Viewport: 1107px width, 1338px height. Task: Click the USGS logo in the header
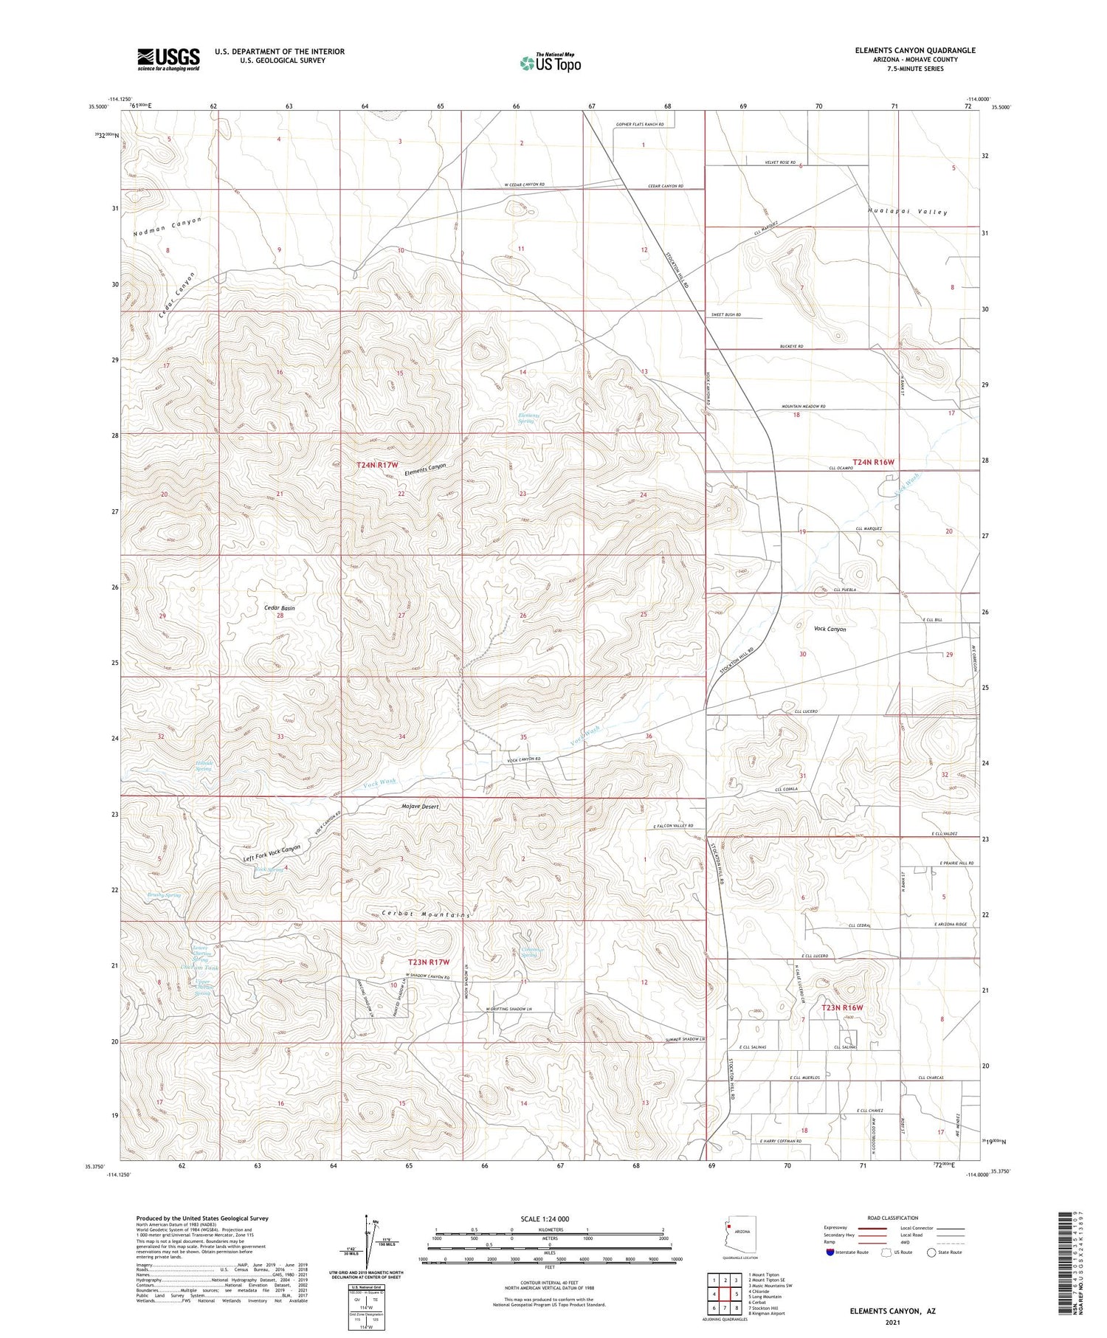click(168, 59)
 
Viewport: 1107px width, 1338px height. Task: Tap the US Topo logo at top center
click(551, 63)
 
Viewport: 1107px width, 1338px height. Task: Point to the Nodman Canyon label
click(167, 227)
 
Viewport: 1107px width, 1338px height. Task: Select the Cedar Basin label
click(280, 608)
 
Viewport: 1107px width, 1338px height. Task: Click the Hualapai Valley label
click(907, 212)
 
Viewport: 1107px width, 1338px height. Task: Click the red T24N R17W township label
click(377, 465)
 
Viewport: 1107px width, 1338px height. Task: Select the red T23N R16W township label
click(842, 1007)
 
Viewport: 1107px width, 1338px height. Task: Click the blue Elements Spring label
click(528, 418)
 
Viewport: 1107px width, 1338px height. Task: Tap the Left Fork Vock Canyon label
click(272, 854)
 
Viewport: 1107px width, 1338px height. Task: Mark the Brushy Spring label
click(163, 895)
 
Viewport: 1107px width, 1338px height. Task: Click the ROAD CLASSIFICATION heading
click(892, 1218)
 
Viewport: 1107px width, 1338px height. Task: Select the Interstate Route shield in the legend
click(830, 1252)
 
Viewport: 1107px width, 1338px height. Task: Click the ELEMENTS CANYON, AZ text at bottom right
click(892, 1311)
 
